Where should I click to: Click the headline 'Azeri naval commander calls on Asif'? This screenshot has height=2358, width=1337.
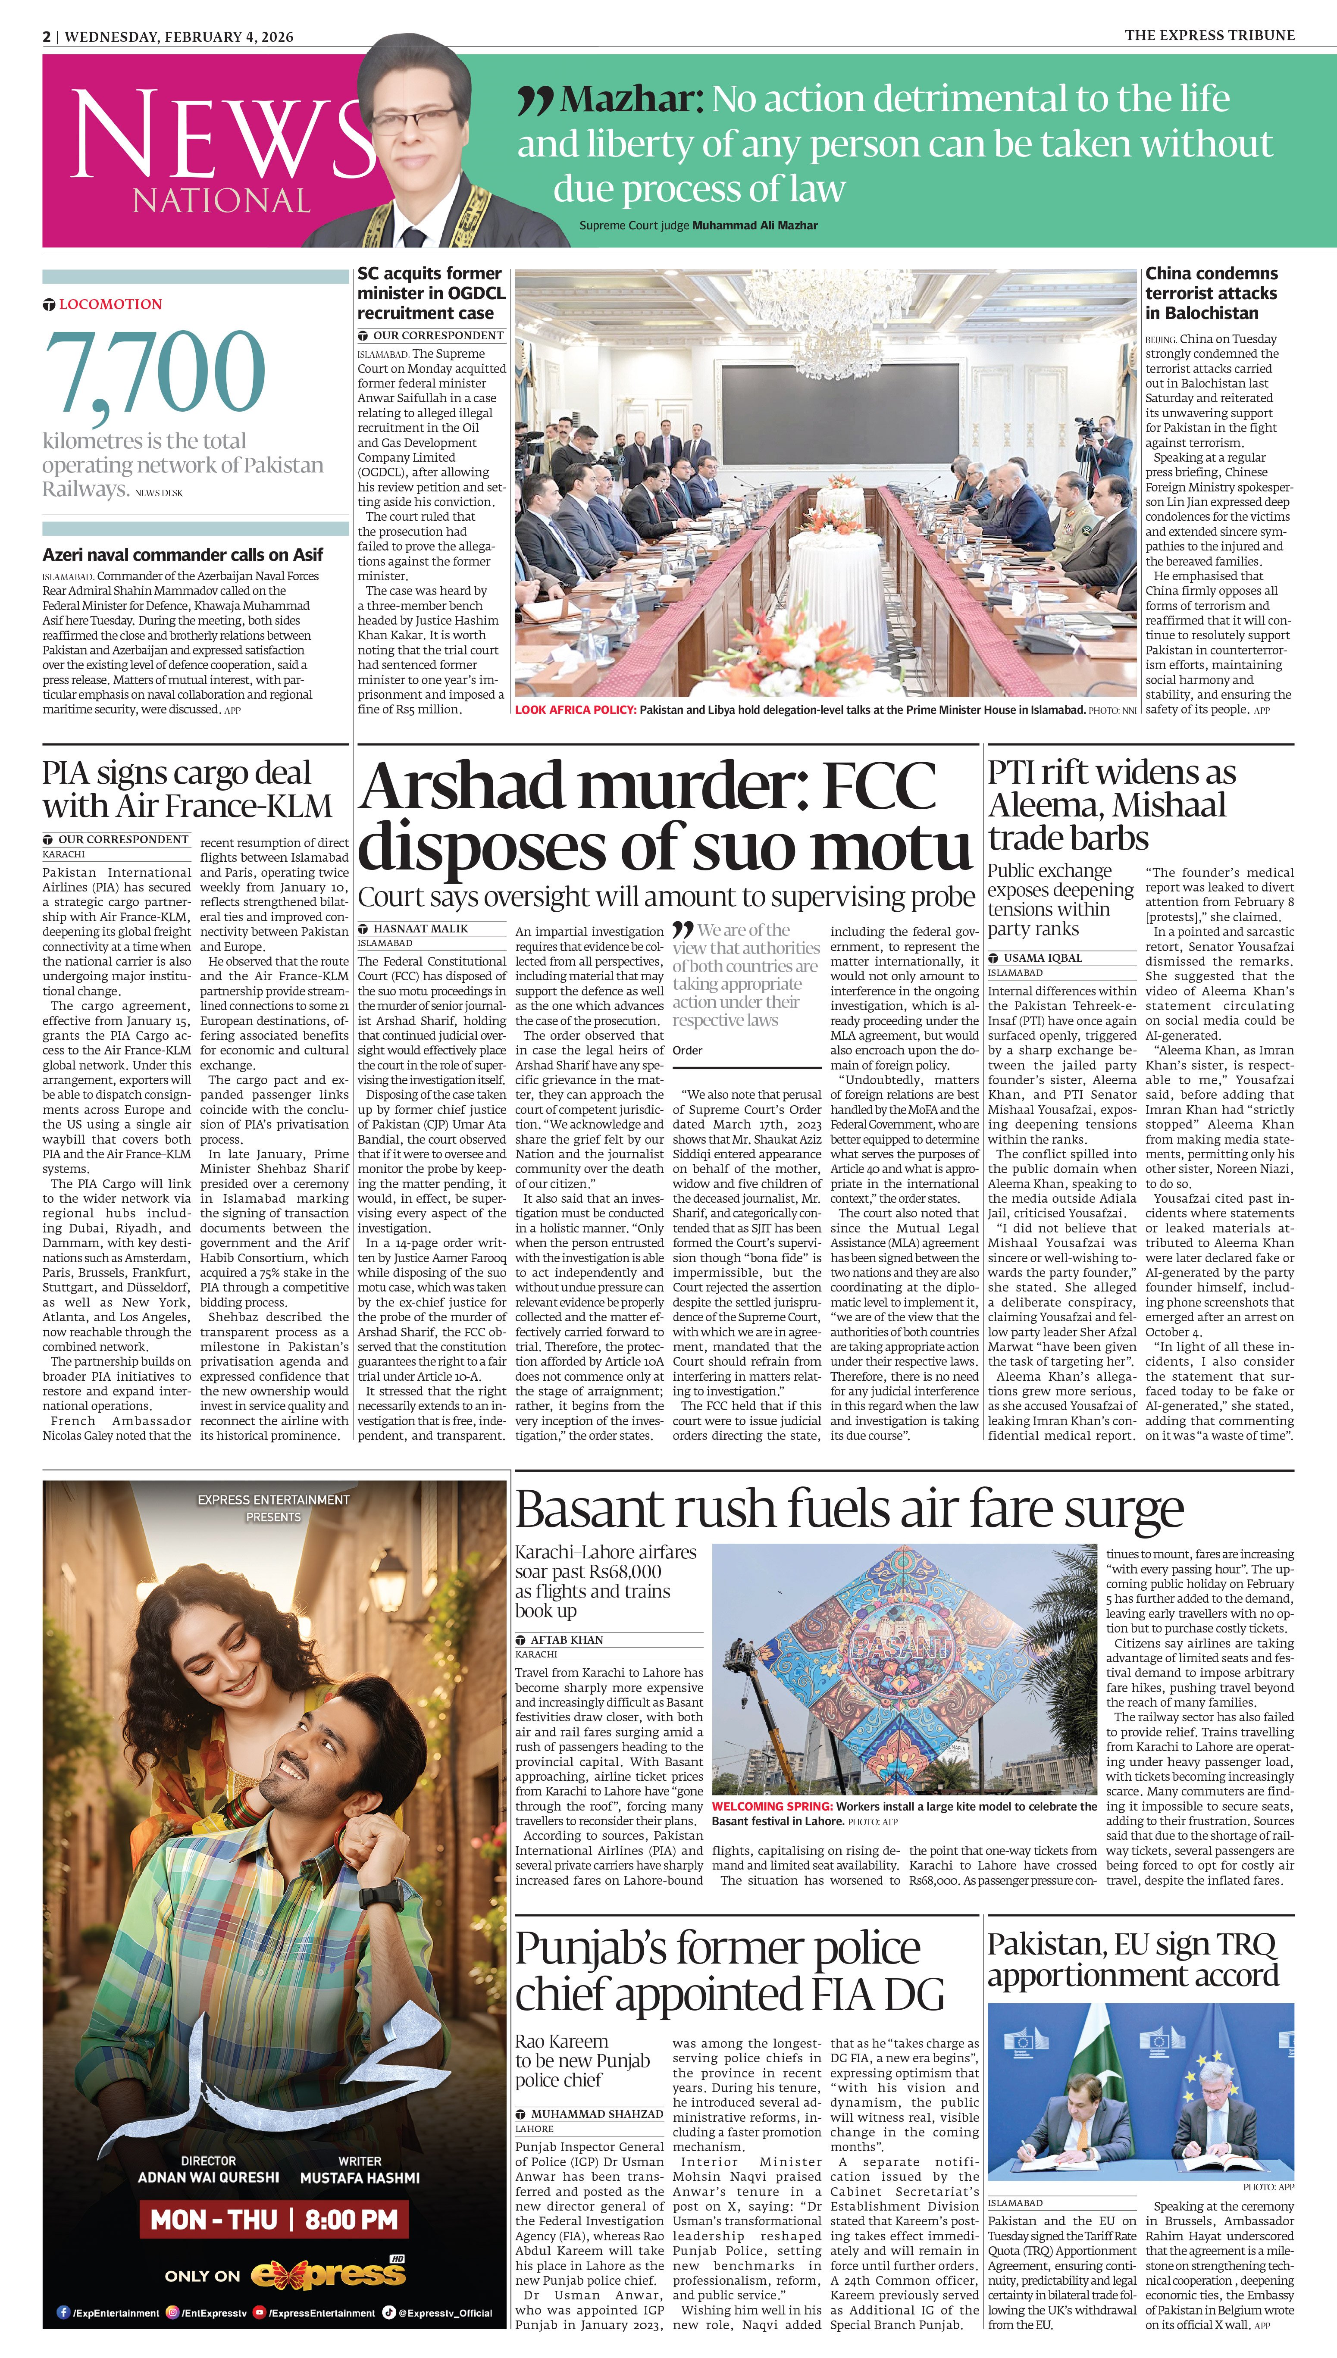[183, 554]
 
